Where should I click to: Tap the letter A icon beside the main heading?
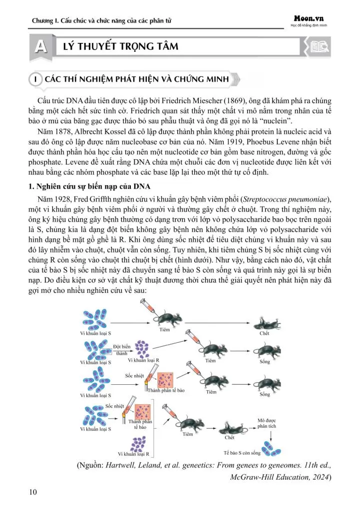point(39,47)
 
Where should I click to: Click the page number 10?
point(33,493)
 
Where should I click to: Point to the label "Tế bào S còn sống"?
point(242,453)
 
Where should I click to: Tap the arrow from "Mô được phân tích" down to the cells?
point(270,436)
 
